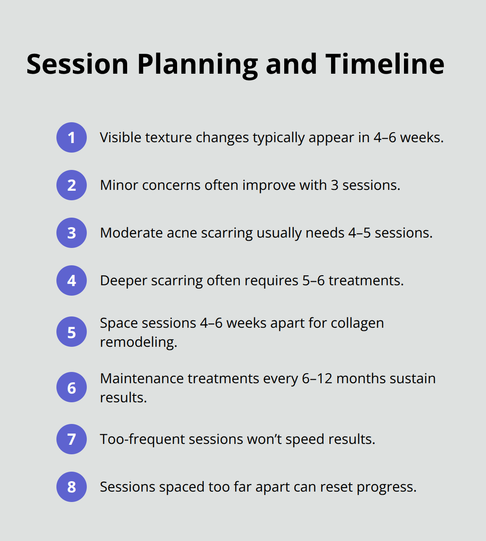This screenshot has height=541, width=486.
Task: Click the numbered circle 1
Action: tap(72, 137)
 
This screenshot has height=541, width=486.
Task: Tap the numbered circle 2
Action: tap(72, 185)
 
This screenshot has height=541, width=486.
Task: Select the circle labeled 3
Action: tap(72, 233)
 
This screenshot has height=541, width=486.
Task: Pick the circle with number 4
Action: tap(72, 280)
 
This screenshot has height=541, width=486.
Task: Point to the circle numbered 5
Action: tap(72, 332)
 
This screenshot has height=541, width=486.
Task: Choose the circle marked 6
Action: tap(72, 388)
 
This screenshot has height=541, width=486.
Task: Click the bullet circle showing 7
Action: tap(72, 439)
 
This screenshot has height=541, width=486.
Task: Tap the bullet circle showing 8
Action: tap(72, 487)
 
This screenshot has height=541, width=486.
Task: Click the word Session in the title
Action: tap(77, 64)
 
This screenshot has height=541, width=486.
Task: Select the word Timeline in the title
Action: tap(385, 64)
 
